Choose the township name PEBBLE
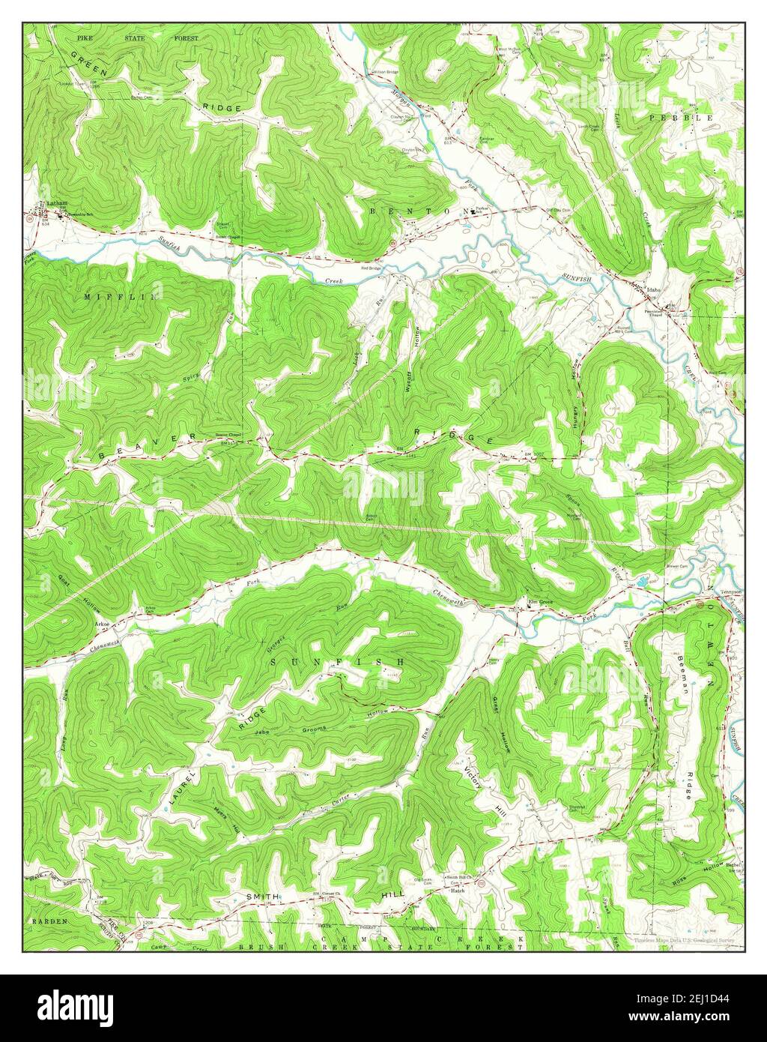(x=681, y=118)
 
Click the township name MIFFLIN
(x=121, y=297)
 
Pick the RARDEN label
(x=49, y=920)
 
